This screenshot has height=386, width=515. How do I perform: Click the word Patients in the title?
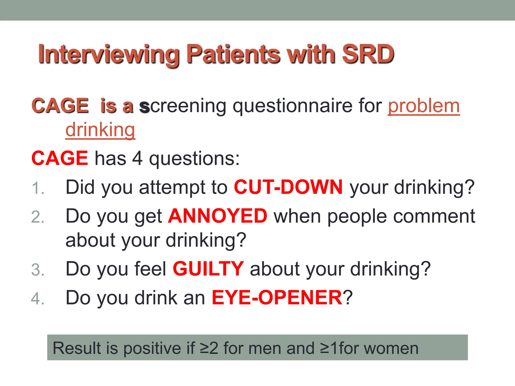(233, 54)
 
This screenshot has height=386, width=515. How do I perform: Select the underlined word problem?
(424, 106)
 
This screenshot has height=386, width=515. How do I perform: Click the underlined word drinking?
(100, 130)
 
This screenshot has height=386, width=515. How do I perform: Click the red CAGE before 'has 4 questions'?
(60, 158)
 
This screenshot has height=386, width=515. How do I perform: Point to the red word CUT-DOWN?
(288, 187)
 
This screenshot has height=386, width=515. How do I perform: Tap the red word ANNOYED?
(218, 216)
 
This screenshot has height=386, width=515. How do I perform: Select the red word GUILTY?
(208, 269)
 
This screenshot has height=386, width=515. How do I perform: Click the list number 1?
(38, 188)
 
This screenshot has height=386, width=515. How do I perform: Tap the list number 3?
(38, 270)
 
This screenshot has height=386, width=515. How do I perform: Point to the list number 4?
(38, 299)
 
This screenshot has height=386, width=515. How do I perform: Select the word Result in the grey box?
(76, 348)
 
